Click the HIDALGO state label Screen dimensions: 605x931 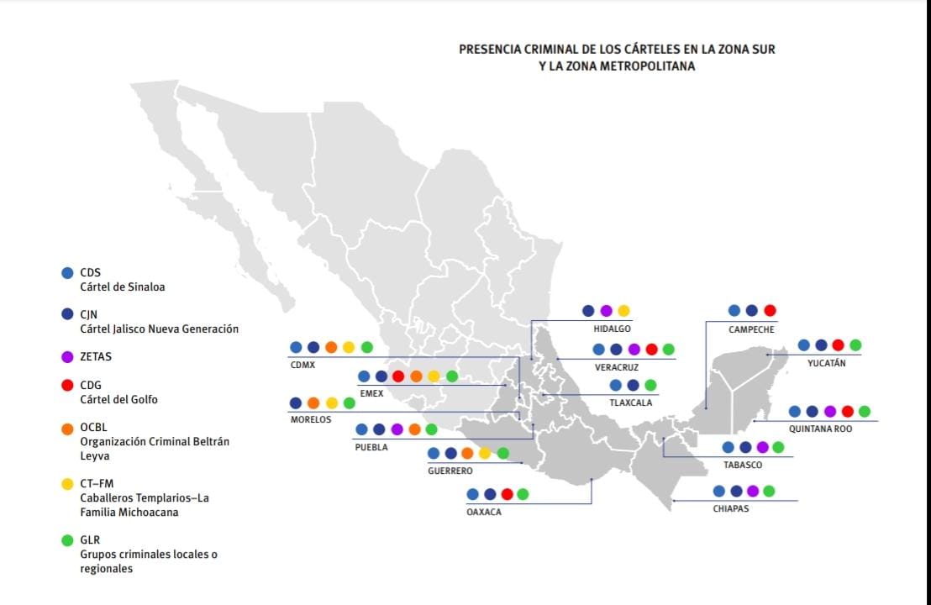pos(612,329)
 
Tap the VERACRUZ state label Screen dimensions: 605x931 pos(616,367)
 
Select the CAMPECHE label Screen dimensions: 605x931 pos(751,329)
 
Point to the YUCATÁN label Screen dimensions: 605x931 pos(826,363)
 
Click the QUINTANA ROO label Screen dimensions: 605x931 pos(820,429)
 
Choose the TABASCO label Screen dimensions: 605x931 pos(743,465)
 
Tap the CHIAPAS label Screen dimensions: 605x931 pos(730,508)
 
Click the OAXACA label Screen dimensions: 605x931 pos(483,512)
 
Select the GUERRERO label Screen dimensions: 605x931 pos(450,471)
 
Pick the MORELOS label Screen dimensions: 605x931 pos(311,419)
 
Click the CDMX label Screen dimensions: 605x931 pos(302,365)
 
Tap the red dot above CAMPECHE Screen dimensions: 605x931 pos(770,310)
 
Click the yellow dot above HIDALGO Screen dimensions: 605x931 pos(623,310)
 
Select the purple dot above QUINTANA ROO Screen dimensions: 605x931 pos(829,411)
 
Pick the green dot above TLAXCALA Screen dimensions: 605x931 pos(650,385)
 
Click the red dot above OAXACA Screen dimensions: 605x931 pos(507,494)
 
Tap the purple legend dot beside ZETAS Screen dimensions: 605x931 pos(68,356)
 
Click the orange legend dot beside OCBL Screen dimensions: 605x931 pos(68,427)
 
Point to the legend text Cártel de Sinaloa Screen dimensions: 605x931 pos(122,287)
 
